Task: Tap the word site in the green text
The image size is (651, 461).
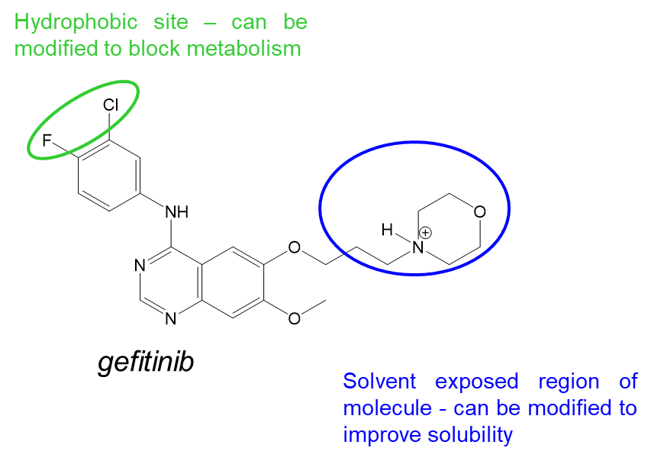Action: (171, 23)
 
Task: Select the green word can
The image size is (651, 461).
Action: (249, 23)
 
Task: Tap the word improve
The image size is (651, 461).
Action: (382, 435)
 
